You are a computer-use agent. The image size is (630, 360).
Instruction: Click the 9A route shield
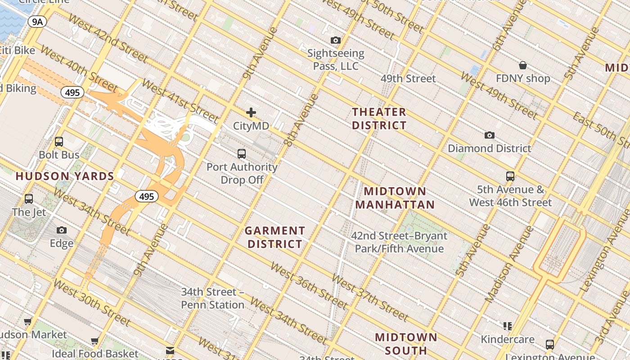(x=37, y=22)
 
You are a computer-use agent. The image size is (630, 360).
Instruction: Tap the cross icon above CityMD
(x=251, y=112)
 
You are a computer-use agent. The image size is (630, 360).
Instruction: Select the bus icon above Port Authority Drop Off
(x=242, y=154)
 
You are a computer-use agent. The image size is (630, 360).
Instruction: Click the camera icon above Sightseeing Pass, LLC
(x=335, y=40)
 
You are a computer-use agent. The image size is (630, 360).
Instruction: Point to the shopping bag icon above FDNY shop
(x=523, y=66)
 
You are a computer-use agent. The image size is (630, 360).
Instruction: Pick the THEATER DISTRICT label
(x=379, y=118)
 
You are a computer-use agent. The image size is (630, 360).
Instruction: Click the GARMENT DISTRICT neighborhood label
(x=274, y=237)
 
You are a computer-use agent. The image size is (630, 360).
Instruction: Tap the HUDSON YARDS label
(x=65, y=176)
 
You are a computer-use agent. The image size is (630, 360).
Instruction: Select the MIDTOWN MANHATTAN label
(x=395, y=198)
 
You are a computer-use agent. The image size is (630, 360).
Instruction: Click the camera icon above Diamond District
(x=489, y=135)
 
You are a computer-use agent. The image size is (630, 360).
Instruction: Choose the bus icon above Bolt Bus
(x=59, y=142)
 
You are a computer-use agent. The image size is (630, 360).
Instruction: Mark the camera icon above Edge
(x=62, y=230)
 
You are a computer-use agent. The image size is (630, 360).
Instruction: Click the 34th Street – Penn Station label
(x=212, y=298)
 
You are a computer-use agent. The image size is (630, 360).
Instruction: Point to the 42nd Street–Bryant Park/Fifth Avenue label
(x=399, y=242)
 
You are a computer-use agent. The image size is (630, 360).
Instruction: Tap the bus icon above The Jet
(x=29, y=198)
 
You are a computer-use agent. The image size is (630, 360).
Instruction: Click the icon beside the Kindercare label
(x=508, y=326)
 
